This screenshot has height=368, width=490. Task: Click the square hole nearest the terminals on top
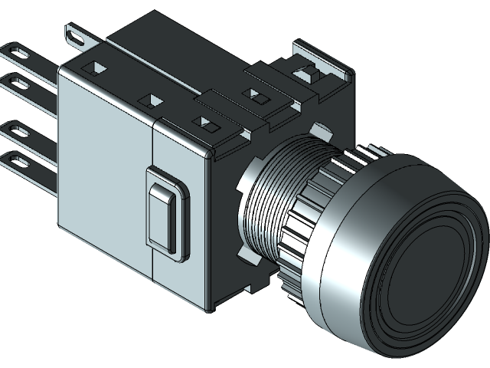(x=96, y=67)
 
